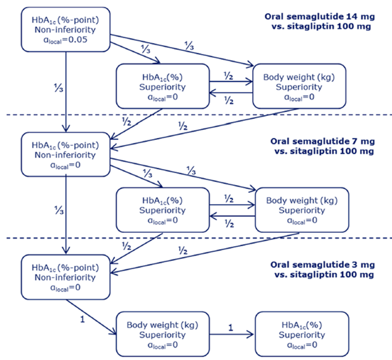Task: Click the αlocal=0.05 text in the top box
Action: pyautogui.click(x=66, y=41)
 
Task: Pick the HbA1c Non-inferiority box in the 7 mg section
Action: pyautogui.click(x=66, y=154)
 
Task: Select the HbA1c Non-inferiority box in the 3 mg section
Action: pyautogui.click(x=66, y=277)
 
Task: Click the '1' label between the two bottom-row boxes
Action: pyautogui.click(x=230, y=327)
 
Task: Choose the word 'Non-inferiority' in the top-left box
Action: pyautogui.click(x=66, y=30)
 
